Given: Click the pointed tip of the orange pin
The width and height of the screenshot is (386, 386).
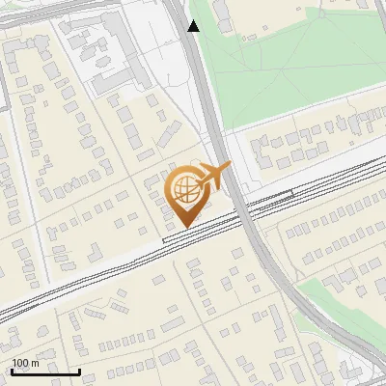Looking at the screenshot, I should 182,227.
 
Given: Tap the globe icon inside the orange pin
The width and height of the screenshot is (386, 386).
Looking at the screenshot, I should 183,189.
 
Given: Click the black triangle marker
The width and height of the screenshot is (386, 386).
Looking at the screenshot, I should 193,26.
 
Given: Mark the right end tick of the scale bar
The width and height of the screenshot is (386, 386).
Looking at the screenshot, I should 80,371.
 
